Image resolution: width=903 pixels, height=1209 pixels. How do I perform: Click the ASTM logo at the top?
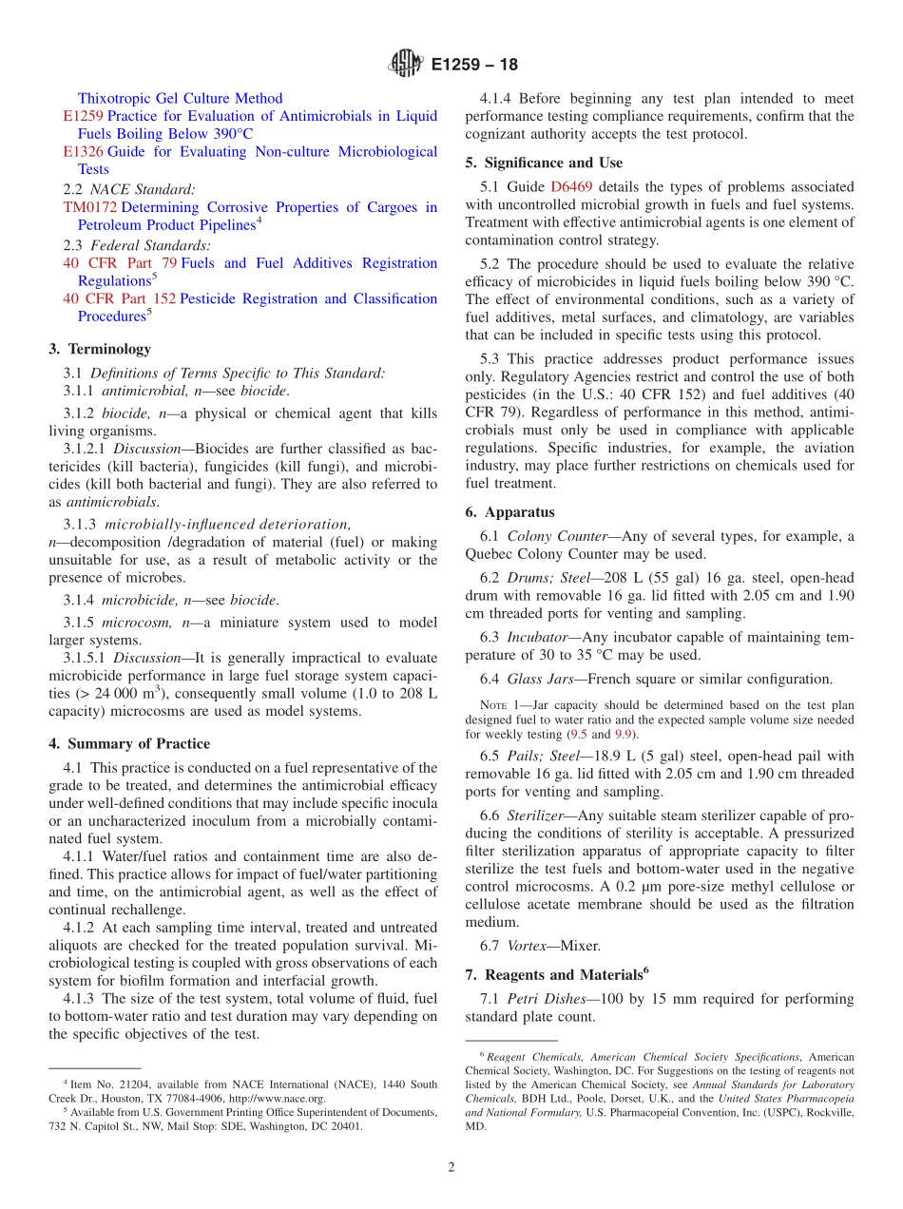pos(406,65)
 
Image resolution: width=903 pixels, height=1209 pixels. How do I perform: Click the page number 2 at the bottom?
pos(451,1167)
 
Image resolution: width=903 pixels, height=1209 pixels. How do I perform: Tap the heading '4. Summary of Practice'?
pos(129,743)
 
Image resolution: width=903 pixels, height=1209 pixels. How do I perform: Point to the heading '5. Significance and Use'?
pos(544,163)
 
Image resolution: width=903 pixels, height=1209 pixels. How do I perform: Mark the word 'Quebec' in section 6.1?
pos(490,554)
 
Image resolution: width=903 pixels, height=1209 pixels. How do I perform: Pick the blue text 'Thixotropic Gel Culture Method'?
pos(180,98)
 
